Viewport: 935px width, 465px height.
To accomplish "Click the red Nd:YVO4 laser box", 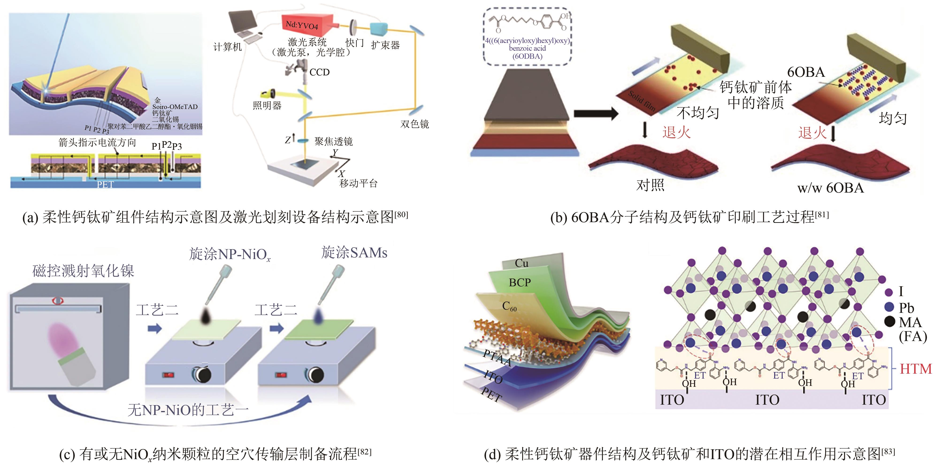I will (307, 24).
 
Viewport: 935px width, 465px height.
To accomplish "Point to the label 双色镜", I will (414, 124).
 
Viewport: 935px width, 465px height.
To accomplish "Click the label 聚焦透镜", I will (333, 141).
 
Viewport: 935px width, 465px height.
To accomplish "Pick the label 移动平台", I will (358, 183).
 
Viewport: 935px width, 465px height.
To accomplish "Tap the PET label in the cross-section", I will (105, 185).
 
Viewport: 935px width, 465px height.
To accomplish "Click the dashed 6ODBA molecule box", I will (527, 36).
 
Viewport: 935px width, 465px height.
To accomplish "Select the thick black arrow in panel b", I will (595, 114).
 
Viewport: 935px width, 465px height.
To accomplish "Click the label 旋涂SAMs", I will (354, 252).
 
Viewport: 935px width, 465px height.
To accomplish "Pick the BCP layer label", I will (520, 283).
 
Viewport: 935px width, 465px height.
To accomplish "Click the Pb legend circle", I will (889, 307).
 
